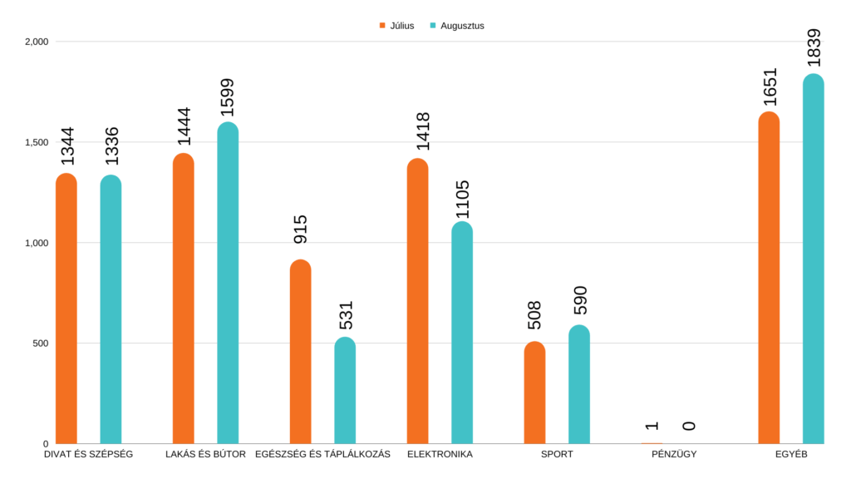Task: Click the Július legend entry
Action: pos(396,26)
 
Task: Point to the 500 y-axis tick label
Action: pos(40,343)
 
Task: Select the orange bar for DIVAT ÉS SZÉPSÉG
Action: pos(66,309)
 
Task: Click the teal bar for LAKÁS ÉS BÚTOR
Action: pos(228,283)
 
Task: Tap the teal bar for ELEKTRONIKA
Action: pos(462,333)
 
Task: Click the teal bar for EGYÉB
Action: pos(814,259)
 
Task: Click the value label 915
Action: pos(301,230)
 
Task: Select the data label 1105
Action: pos(462,200)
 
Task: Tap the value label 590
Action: pos(579,300)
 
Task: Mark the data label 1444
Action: pos(184,126)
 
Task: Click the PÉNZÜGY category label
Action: pos(674,454)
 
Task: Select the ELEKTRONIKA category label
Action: pos(440,454)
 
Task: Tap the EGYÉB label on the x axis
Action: pos(791,454)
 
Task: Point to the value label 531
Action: pos(345,315)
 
